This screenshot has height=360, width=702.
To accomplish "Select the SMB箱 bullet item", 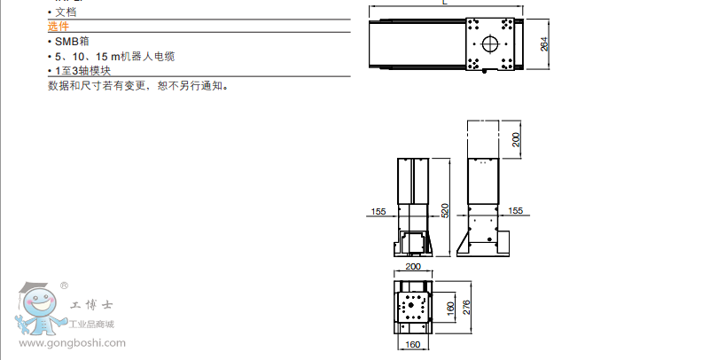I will tap(68, 42).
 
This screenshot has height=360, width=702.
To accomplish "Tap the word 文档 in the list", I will tap(64, 12).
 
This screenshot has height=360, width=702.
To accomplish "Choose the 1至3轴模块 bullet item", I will tap(83, 70).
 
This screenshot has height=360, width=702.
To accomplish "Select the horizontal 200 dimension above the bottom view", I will tap(412, 266).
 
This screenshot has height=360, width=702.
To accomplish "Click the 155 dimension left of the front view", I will tap(378, 211).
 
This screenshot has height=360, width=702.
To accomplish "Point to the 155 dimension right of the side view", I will tap(516, 211).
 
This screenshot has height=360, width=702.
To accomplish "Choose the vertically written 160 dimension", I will tap(450, 309).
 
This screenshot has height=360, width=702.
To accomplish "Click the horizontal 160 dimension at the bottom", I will tap(412, 344).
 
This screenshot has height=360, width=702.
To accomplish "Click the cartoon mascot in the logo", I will tap(36, 311).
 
